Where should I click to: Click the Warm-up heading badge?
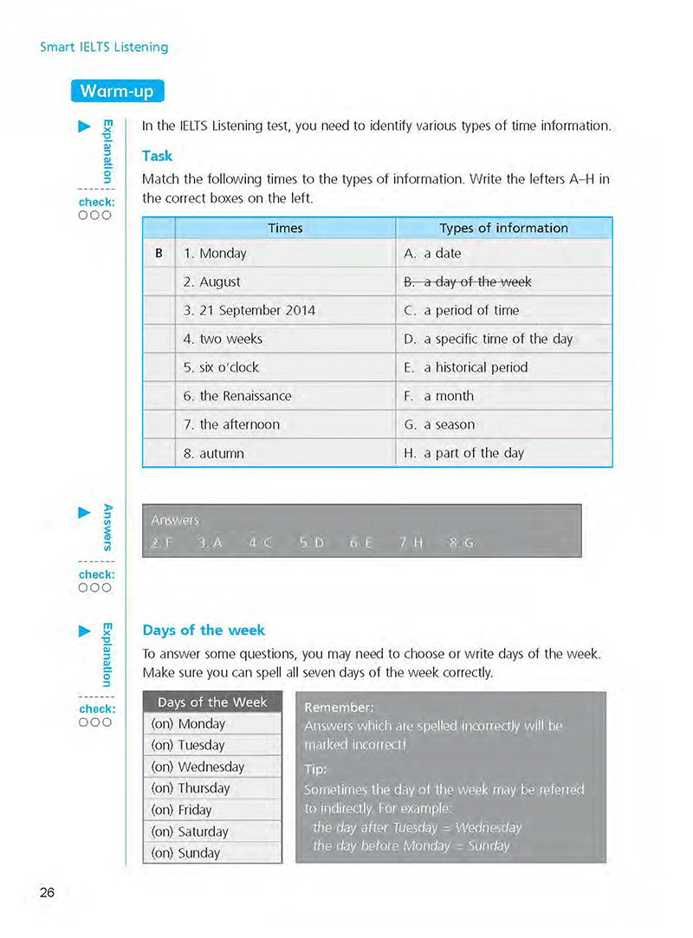click(x=117, y=91)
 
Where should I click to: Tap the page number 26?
click(x=47, y=891)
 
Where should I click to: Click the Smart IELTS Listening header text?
click(x=104, y=47)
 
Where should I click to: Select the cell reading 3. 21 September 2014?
click(x=249, y=310)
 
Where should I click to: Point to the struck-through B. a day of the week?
click(x=468, y=281)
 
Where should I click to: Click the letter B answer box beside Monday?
click(x=159, y=254)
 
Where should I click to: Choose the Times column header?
click(x=285, y=228)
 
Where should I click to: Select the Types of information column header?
click(x=503, y=228)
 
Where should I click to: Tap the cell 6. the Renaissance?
click(x=236, y=396)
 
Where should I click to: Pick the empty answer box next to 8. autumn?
click(x=159, y=453)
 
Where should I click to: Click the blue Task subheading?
click(x=157, y=156)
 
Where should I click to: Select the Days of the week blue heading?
click(x=204, y=630)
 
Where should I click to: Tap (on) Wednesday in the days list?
click(x=198, y=767)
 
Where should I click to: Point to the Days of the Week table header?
click(x=212, y=702)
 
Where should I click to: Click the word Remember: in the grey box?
click(x=339, y=707)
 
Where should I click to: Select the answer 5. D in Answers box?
click(x=311, y=543)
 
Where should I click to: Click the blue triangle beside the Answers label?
click(x=84, y=513)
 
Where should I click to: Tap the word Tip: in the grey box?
click(x=314, y=769)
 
